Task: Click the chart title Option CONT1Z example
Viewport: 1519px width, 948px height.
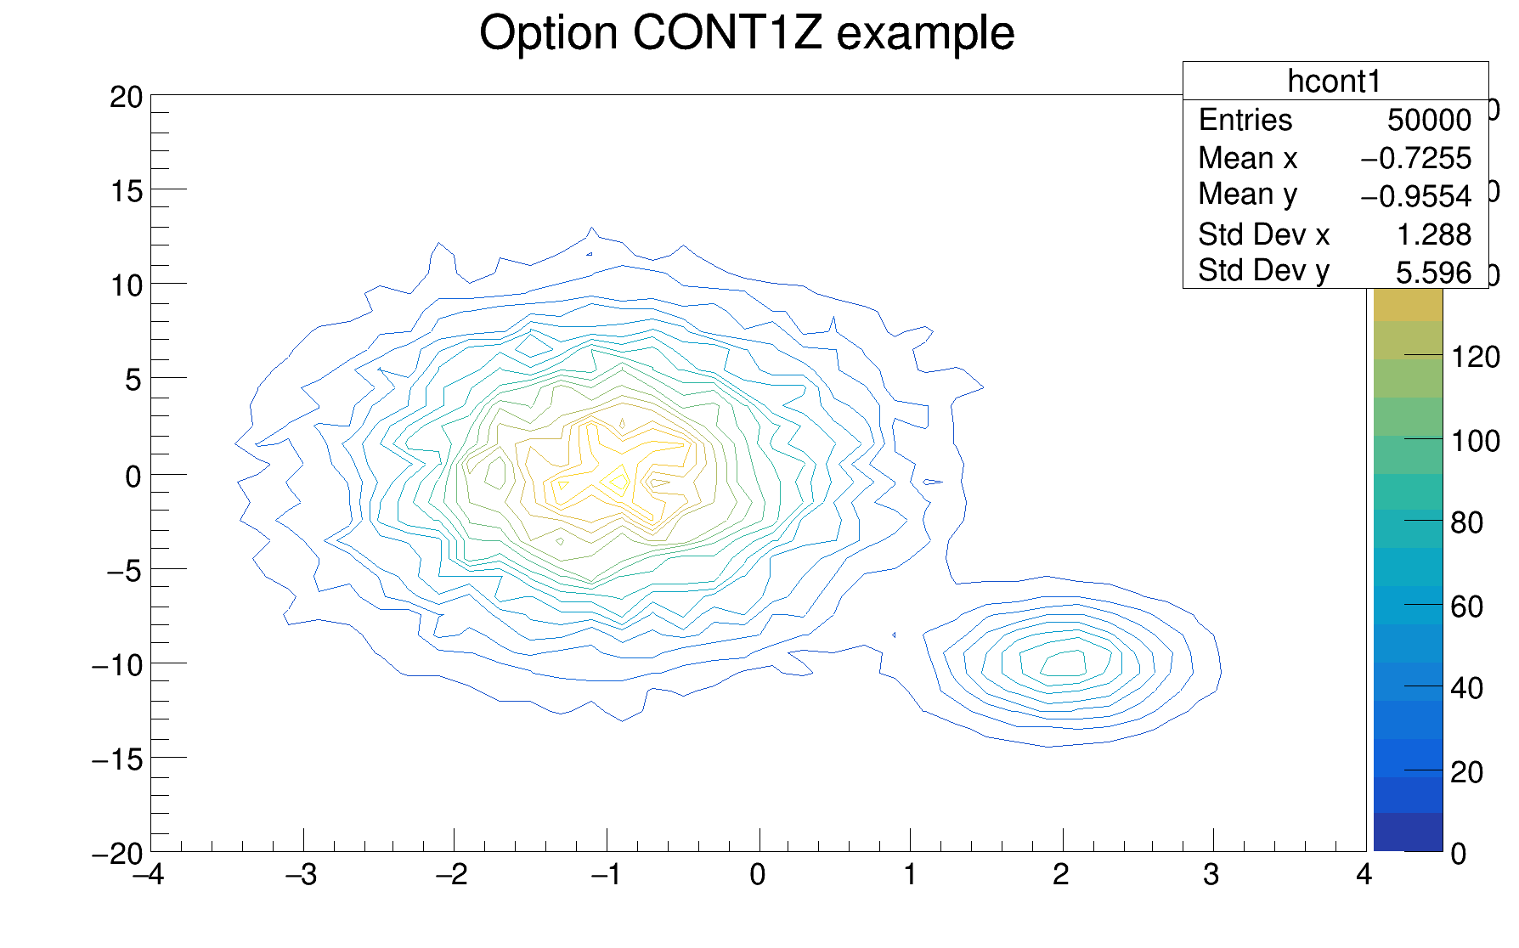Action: coord(747,34)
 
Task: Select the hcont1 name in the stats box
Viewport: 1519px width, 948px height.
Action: coord(1334,82)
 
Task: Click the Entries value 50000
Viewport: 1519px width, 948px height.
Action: coord(1429,121)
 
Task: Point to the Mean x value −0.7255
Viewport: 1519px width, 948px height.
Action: coord(1415,159)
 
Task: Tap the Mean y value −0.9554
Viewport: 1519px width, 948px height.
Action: coord(1415,196)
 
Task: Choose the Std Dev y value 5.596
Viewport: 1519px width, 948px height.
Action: coord(1433,273)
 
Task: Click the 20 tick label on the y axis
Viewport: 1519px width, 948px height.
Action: coord(127,98)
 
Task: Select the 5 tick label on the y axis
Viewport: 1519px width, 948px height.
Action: coord(133,381)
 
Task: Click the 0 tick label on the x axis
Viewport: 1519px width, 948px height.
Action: coord(758,875)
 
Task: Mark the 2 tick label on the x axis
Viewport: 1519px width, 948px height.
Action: coord(1060,875)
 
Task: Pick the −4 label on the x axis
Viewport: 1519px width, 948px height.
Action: coord(149,875)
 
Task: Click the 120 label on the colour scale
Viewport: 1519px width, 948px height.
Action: coord(1475,357)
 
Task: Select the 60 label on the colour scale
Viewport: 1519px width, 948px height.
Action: coord(1467,607)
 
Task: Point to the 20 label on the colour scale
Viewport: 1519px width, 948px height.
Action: coord(1467,773)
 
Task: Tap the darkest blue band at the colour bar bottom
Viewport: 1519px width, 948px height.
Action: coord(1408,832)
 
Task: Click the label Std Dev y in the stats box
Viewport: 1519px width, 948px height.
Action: coord(1263,271)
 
